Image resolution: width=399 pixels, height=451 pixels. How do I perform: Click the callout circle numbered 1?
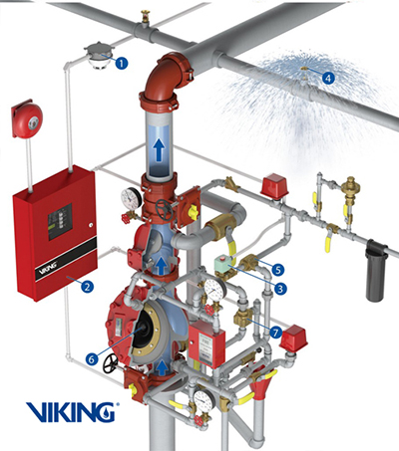click(122, 63)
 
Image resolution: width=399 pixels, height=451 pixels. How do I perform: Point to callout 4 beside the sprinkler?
click(329, 73)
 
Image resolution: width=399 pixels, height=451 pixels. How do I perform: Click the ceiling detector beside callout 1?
click(98, 55)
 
